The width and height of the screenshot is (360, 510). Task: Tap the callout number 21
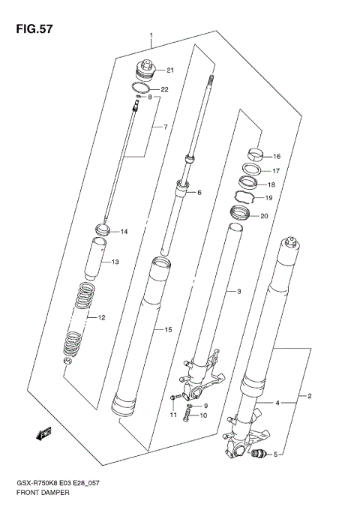pyautogui.click(x=170, y=71)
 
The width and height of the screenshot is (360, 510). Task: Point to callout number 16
pyautogui.click(x=277, y=157)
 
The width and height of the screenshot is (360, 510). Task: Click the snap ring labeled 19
pyautogui.click(x=245, y=198)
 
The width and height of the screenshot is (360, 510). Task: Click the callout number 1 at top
pyautogui.click(x=151, y=35)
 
